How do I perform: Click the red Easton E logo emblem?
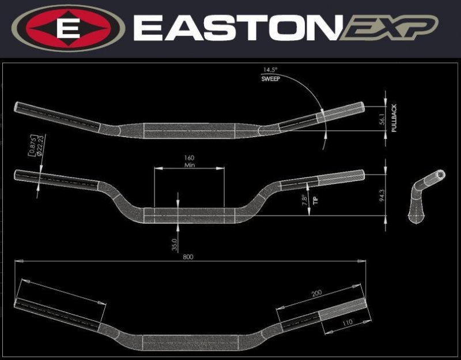point(68,27)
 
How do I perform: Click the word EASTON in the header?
point(233,27)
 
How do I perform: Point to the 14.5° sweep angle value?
point(270,70)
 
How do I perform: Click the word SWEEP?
point(270,78)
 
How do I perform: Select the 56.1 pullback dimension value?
point(381,119)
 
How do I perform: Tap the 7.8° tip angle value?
point(304,200)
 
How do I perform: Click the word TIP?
point(315,200)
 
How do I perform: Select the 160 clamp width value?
point(188,157)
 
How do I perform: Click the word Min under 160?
point(188,165)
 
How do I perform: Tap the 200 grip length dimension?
point(317,294)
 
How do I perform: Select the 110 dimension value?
point(347,324)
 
